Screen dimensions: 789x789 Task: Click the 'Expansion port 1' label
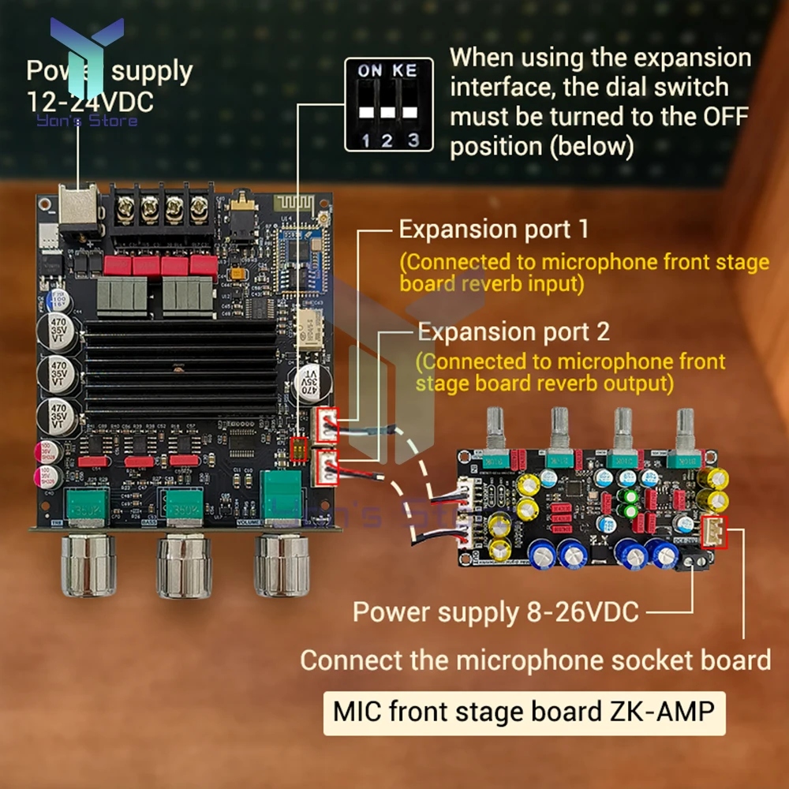pos(493,230)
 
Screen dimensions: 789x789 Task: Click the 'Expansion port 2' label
pos(513,331)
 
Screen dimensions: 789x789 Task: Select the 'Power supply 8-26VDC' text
pos(495,611)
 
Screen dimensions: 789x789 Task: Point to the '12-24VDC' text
pos(90,102)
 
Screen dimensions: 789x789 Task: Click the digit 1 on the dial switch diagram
pos(365,140)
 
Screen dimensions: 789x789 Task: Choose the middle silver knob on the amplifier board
pos(185,567)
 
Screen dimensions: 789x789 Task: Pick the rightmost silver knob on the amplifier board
pos(282,567)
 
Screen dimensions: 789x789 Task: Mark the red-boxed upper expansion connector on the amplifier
pos(327,427)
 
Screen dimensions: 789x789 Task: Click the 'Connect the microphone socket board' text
pos(535,660)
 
